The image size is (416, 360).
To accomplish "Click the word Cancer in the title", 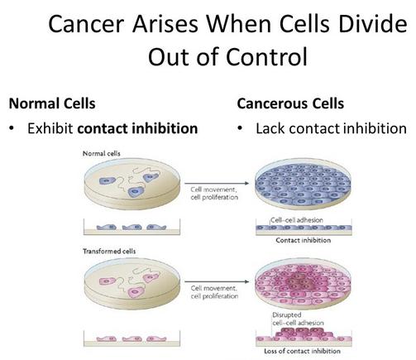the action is tap(85, 24).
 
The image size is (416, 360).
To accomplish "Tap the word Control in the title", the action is tap(266, 56).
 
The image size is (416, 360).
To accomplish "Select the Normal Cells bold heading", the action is tap(52, 104).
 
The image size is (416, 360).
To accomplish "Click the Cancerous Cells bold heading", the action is tap(290, 104).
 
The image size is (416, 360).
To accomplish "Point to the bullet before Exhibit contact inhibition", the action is tap(12, 128).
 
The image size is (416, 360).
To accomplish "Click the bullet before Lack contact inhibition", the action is tap(240, 128).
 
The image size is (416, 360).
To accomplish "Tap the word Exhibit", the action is tap(50, 128).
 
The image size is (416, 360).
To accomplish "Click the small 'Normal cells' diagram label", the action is tap(102, 154).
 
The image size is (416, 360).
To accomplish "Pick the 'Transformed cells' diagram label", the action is tap(109, 252).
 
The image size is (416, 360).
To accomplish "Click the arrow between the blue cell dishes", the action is tap(217, 183).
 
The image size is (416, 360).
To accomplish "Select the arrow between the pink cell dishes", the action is tap(217, 281).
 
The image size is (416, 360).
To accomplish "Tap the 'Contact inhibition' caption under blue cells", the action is tap(304, 240).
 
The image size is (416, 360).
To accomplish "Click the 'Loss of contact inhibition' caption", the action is tap(302, 351).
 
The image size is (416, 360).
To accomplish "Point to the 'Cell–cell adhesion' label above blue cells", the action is tap(297, 220).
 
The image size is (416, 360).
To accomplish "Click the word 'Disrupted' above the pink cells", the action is tap(287, 314).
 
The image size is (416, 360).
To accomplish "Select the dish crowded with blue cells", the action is tap(303, 184).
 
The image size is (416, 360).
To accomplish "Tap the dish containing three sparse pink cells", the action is tap(132, 284).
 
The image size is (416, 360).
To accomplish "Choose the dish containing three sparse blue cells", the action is tap(132, 184).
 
